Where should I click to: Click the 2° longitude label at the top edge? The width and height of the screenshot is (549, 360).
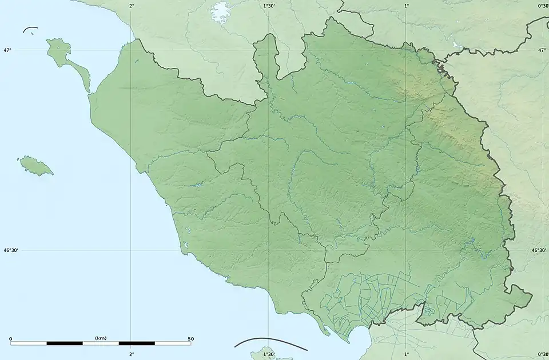click(132, 6)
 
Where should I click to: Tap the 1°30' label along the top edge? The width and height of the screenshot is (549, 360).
click(269, 6)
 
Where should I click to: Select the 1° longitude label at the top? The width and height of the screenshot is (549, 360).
click(407, 6)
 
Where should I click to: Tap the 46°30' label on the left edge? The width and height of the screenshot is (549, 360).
click(11, 250)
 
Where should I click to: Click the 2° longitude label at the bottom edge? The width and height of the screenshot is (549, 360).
click(132, 354)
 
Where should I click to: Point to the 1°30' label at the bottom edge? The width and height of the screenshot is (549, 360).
click(269, 354)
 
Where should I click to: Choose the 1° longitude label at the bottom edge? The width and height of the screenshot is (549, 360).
click(407, 354)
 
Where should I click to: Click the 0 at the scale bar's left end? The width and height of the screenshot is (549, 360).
click(10, 338)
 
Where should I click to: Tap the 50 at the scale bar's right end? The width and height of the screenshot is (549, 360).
click(190, 338)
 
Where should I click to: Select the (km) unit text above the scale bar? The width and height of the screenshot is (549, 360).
click(101, 338)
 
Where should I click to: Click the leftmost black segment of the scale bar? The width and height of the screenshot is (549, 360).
click(65, 343)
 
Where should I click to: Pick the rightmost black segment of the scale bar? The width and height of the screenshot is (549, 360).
click(137, 343)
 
